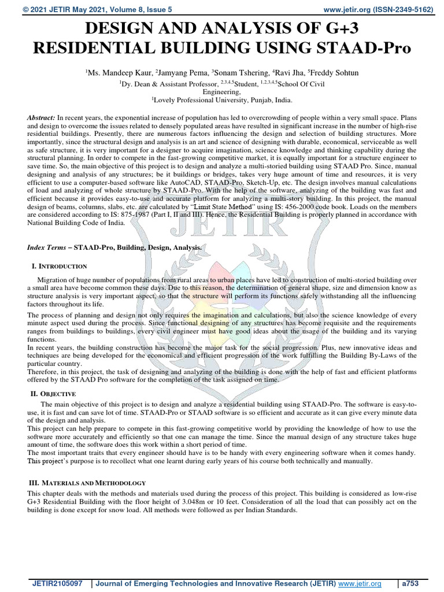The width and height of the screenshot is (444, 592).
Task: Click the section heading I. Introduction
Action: coord(58,266)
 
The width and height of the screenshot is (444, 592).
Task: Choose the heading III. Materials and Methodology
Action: coord(87,482)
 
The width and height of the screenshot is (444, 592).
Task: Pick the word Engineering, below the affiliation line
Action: coord(221,91)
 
